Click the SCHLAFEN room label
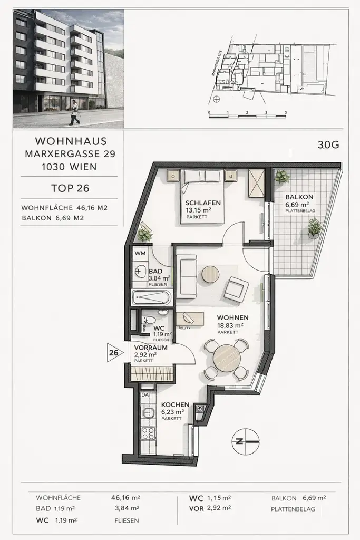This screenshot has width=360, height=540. pos(202,202)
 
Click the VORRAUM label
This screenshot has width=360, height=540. pos(151,348)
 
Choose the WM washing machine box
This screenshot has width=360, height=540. pos(140,253)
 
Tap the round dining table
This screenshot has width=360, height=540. pos(227,359)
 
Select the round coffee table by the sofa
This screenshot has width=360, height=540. pos(210,274)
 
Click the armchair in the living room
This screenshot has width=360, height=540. pos(236,290)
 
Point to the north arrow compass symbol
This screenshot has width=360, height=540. pos(246,441)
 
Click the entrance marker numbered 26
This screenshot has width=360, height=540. pos(113,352)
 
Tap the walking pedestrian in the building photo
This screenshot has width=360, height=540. pos(74,112)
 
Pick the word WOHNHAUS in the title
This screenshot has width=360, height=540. pos(71,141)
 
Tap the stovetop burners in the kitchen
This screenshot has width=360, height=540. pos(148,433)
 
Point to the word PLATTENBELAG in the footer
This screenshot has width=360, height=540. pos(293,509)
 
